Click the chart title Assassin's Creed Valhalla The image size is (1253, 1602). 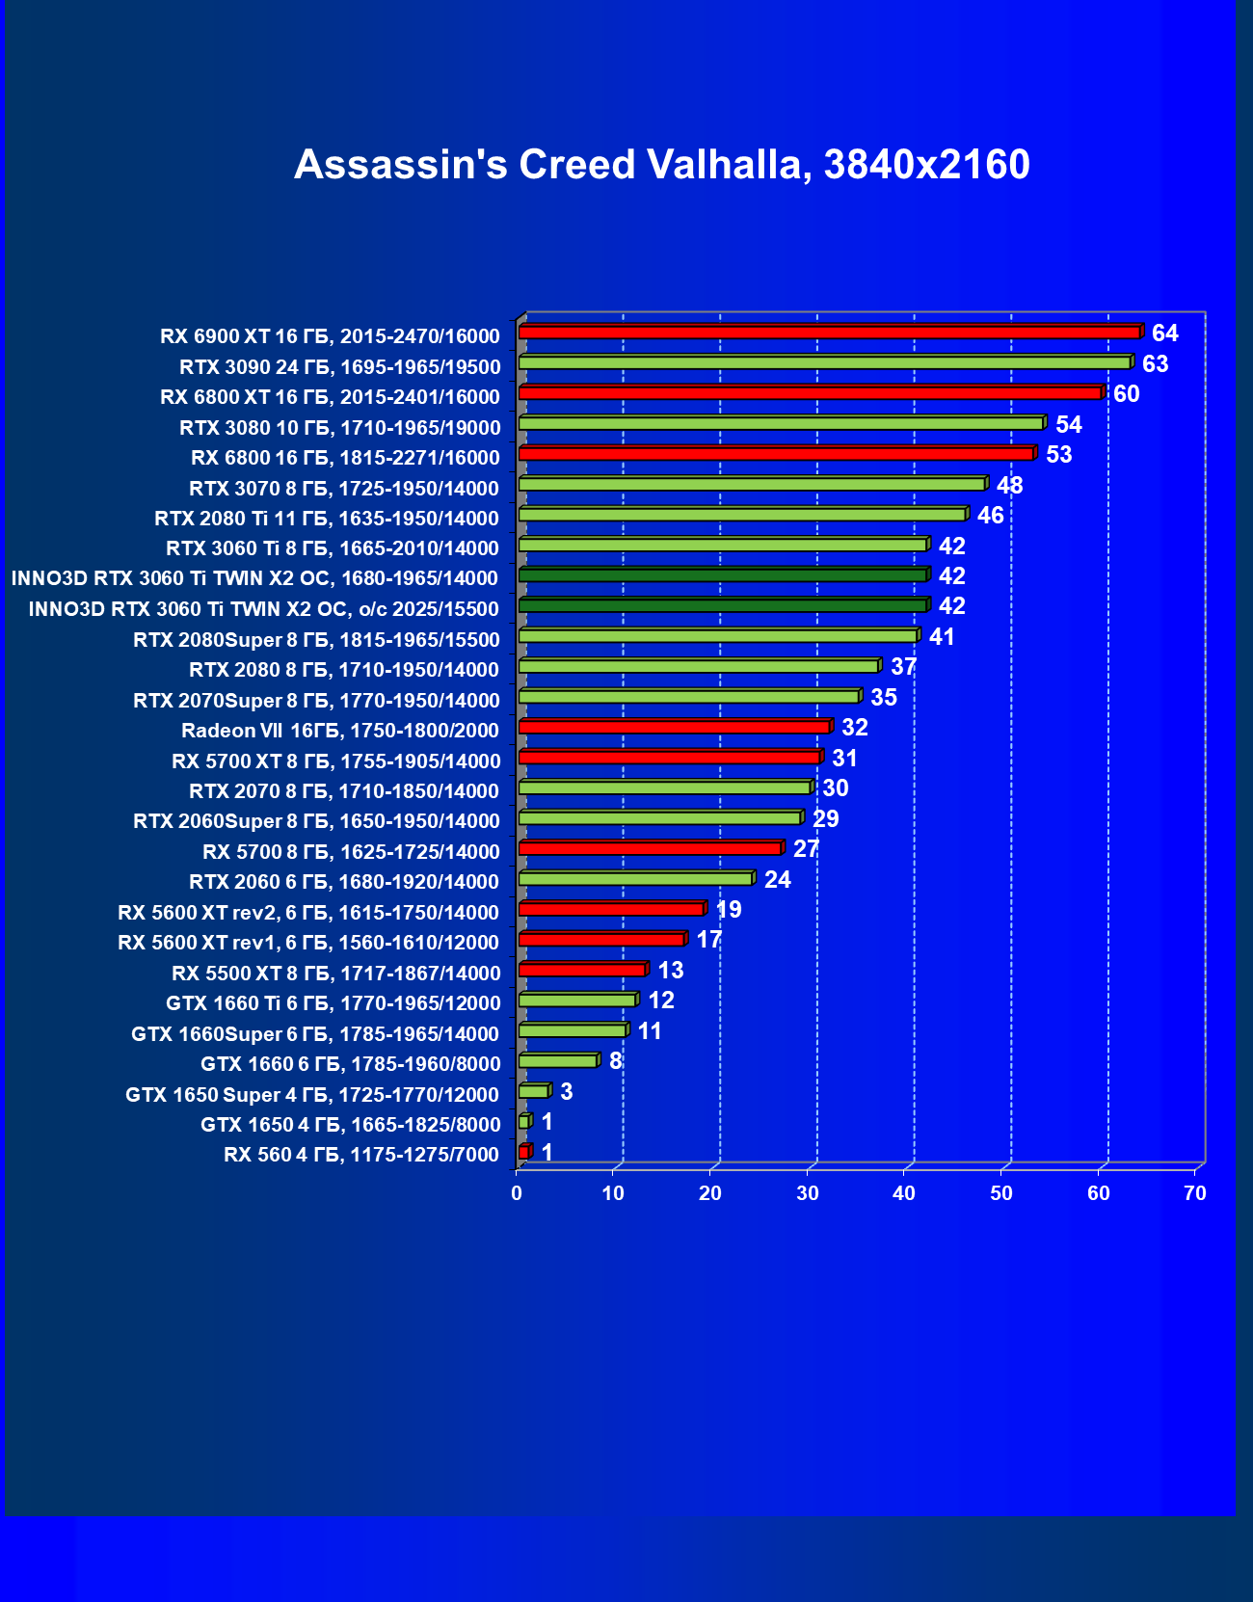tap(661, 165)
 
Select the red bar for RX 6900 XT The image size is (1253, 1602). tap(829, 333)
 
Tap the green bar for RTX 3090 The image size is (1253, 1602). tap(824, 362)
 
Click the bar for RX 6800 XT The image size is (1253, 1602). tap(810, 393)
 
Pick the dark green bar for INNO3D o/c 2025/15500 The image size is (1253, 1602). tap(723, 605)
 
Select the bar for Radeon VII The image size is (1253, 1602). tap(675, 727)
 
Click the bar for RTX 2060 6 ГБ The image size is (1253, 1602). tap(636, 878)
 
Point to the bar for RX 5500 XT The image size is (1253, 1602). tap(582, 970)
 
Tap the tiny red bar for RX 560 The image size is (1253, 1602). tap(524, 1152)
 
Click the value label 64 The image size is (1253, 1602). tap(1164, 334)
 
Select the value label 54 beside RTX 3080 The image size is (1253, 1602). tap(1068, 425)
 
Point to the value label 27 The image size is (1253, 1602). tap(806, 849)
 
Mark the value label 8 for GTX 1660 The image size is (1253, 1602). tap(615, 1061)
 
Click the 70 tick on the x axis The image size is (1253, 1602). tap(1195, 1193)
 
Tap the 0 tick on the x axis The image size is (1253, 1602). tap(518, 1193)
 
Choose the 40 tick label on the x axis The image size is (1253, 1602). tap(904, 1193)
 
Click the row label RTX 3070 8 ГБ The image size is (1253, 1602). tap(344, 489)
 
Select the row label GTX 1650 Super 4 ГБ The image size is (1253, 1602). tap(312, 1095)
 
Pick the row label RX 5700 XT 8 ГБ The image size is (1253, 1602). tap(336, 761)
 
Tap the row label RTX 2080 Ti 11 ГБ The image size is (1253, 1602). tap(327, 519)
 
